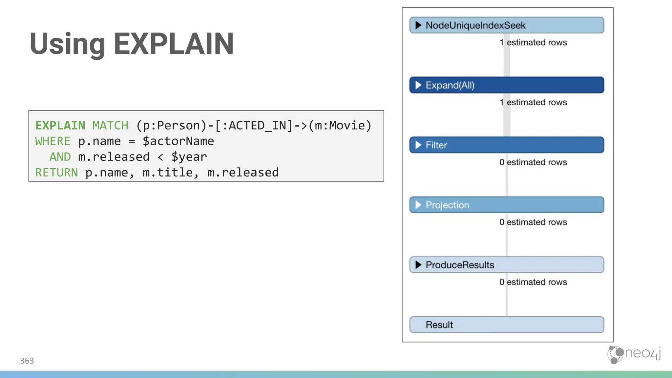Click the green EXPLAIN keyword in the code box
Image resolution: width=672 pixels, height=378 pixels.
(60, 125)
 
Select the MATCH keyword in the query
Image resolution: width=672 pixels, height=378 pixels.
(110, 125)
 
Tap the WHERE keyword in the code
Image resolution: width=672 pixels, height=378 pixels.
(52, 141)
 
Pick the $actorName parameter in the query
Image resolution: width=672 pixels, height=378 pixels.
(178, 141)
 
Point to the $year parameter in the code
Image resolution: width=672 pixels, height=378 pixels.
(189, 157)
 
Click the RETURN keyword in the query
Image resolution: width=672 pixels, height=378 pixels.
(56, 173)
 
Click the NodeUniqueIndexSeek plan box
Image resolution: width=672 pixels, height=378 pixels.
(506, 25)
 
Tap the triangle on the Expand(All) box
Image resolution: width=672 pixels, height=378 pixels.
(418, 85)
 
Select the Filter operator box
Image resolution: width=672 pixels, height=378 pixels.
(506, 145)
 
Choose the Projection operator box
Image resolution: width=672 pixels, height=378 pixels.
(506, 205)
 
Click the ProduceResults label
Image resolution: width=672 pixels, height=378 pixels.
(460, 265)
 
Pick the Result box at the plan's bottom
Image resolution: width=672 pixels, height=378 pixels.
(506, 325)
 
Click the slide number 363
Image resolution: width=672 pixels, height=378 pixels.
(27, 361)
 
